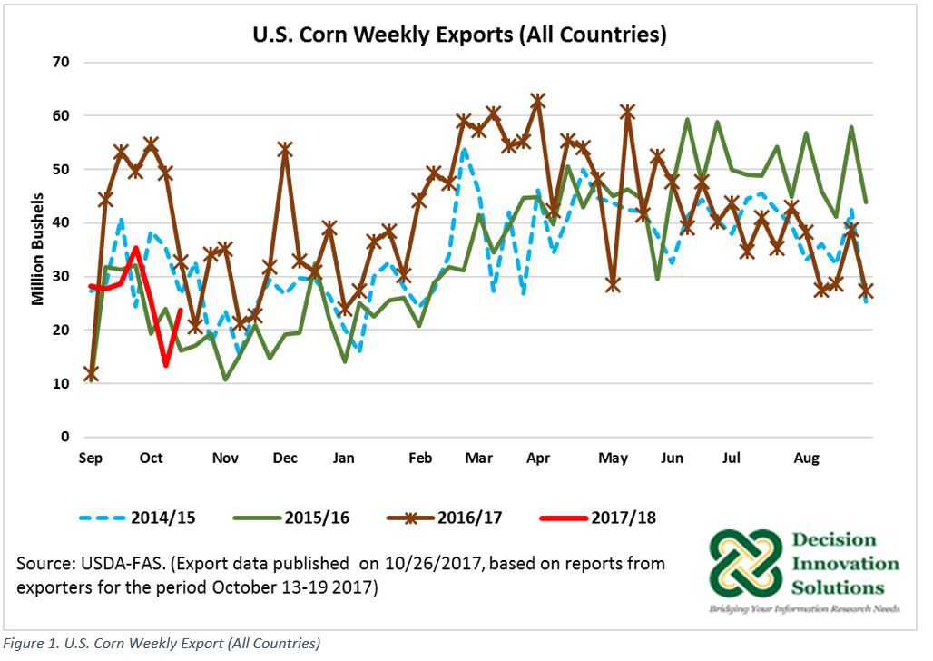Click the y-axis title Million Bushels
click(38, 249)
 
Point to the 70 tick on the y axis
click(64, 63)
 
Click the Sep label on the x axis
click(90, 459)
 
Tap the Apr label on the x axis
click(536, 459)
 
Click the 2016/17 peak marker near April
click(537, 101)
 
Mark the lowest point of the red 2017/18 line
click(166, 365)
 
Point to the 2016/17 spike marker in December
click(284, 150)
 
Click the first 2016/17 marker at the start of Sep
click(91, 373)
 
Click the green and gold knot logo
click(745, 570)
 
